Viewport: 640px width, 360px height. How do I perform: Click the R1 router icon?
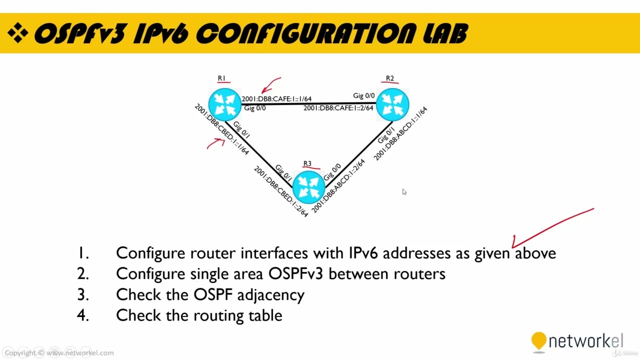tap(224, 104)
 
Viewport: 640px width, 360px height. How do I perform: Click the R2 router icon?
tap(392, 104)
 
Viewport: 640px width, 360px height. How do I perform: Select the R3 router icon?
tap(308, 187)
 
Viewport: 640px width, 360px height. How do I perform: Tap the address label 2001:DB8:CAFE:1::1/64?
tap(276, 99)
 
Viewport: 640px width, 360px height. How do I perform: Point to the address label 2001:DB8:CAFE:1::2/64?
tap(338, 108)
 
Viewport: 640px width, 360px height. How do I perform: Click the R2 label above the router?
tap(389, 78)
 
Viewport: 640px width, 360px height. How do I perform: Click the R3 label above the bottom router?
tap(307, 164)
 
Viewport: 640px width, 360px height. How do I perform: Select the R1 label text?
tap(221, 78)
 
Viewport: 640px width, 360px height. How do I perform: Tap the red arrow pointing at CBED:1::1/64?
tap(216, 144)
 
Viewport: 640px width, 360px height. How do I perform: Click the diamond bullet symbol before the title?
tap(18, 33)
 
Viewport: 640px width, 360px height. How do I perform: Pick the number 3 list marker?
tap(83, 294)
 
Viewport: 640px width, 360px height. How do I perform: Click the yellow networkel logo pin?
tap(538, 341)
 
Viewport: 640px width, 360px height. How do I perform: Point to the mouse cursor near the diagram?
tap(404, 191)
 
